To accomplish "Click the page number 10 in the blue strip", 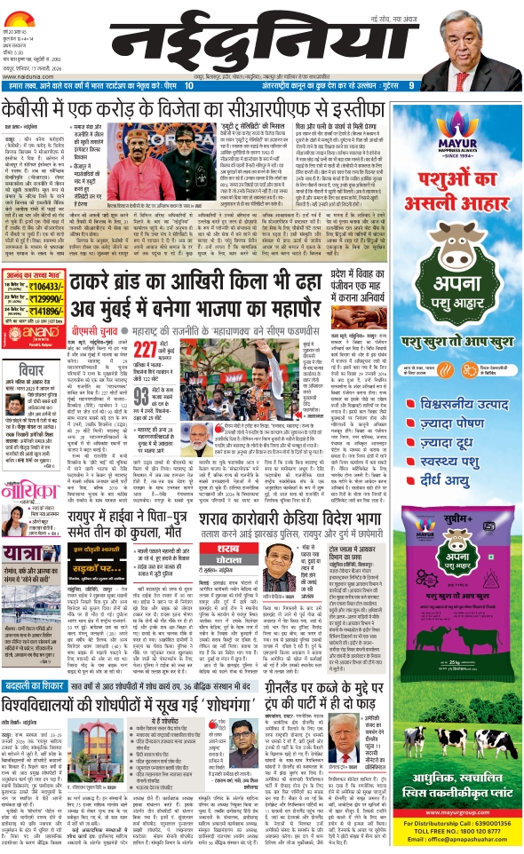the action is pos(190,84).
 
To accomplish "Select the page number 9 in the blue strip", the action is pos(410,84).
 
